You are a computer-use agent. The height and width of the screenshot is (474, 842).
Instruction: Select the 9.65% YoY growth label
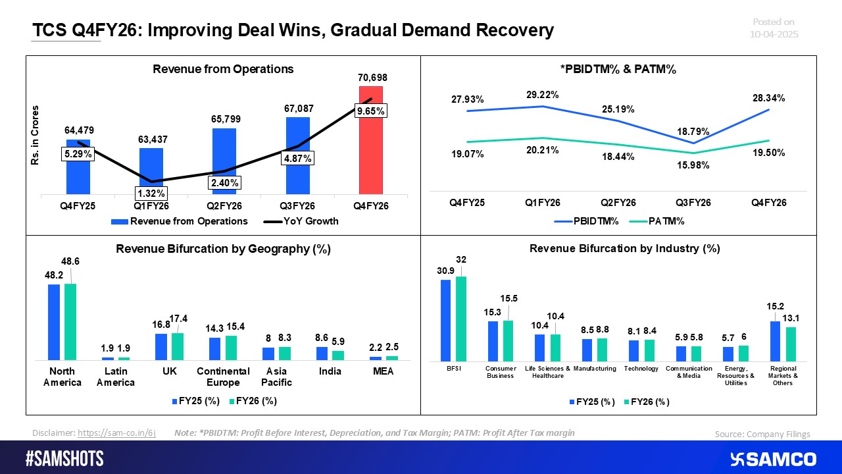tap(370, 112)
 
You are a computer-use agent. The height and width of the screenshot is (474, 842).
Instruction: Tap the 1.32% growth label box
tap(151, 193)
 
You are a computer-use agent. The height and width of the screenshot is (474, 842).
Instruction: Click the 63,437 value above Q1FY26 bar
tap(151, 140)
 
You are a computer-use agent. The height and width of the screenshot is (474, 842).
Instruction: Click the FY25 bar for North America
tap(54, 322)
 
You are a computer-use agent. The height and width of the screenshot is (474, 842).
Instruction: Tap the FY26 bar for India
tap(337, 355)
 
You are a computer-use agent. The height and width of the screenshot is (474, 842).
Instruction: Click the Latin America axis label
tap(115, 377)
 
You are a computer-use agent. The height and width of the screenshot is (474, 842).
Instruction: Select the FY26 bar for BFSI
tap(460, 319)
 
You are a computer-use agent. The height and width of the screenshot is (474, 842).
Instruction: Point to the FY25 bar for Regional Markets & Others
tap(775, 341)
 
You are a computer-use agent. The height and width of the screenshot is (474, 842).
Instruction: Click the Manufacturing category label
tap(595, 369)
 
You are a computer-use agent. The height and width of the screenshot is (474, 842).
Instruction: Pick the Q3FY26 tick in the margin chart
tap(694, 203)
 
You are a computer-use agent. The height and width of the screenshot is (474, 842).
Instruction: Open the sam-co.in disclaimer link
tap(116, 433)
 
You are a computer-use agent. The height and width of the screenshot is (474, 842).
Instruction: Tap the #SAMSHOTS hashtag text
tap(65, 459)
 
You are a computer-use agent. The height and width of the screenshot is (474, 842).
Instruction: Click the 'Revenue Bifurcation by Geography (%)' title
tap(223, 249)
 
